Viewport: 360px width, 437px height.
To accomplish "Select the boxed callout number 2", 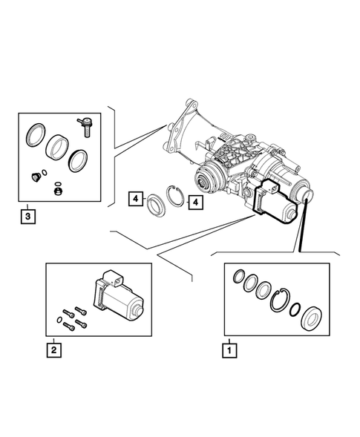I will click(x=53, y=347).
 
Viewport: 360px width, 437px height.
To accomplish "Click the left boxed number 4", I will click(x=135, y=198).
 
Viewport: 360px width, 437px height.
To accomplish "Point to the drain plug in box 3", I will click(x=33, y=177).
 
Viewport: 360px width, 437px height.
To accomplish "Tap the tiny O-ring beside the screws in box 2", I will click(x=59, y=320).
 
